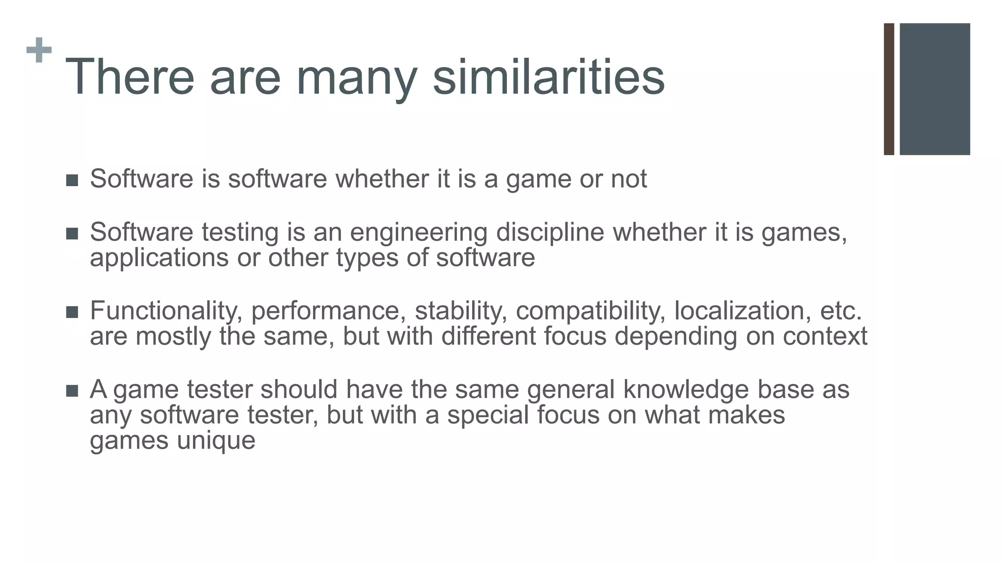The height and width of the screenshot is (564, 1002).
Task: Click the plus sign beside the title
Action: click(x=39, y=50)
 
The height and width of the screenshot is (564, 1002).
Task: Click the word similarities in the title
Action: click(x=548, y=77)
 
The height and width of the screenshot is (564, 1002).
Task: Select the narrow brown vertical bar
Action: click(x=889, y=89)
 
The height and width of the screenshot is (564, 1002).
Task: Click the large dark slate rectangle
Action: click(x=934, y=89)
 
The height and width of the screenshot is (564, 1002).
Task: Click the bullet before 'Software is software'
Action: click(x=72, y=181)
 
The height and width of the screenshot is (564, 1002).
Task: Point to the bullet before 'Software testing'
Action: click(x=72, y=234)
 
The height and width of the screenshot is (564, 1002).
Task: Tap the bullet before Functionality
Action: click(x=72, y=312)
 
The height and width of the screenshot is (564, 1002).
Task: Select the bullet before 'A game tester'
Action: click(x=72, y=391)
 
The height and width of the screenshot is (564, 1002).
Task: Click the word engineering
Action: click(x=418, y=233)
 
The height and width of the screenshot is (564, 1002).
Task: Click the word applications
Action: click(x=159, y=258)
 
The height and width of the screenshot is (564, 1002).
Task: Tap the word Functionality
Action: click(x=166, y=311)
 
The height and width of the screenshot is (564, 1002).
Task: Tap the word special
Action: click(x=487, y=416)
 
